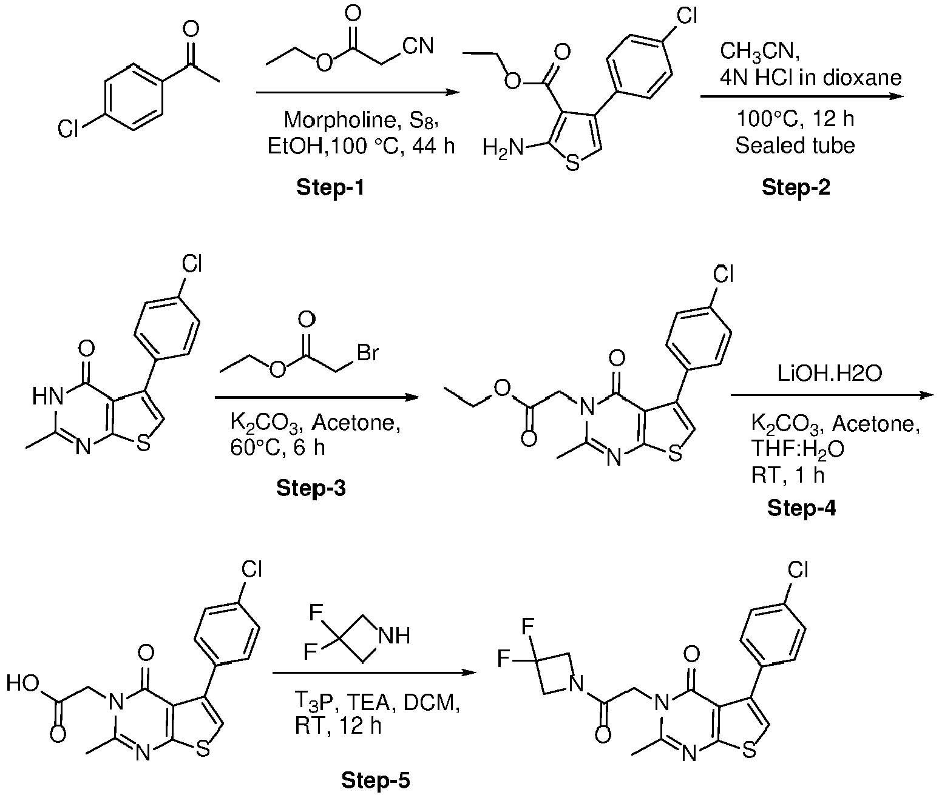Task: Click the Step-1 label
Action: click(330, 187)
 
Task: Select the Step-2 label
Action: click(796, 187)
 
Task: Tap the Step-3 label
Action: click(311, 488)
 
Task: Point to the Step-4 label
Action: click(802, 508)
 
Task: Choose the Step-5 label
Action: click(375, 780)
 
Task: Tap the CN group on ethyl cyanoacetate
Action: click(418, 46)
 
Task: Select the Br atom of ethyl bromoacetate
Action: click(368, 352)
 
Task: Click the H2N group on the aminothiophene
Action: click(503, 149)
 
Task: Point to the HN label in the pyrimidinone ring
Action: click(48, 397)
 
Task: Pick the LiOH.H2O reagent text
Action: click(830, 374)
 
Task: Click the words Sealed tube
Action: click(795, 145)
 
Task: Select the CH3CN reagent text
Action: click(760, 52)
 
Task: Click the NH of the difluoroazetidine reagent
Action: click(395, 636)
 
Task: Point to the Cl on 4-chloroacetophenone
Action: click(68, 130)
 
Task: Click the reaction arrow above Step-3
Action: click(317, 398)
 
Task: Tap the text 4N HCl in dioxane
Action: click(810, 78)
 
